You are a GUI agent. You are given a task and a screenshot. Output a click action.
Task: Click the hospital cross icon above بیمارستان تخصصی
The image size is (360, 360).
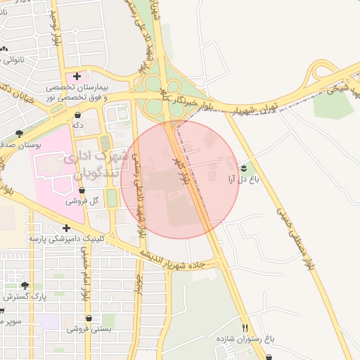point(77,75)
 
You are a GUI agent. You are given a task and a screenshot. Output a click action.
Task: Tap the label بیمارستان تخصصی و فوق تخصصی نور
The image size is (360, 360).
point(77,92)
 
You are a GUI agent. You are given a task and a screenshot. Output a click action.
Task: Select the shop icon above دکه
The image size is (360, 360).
point(77,115)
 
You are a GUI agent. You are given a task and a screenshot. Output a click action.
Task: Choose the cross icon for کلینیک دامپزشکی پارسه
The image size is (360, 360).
point(66,228)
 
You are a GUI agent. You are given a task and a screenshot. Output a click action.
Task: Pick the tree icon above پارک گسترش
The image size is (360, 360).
point(25,285)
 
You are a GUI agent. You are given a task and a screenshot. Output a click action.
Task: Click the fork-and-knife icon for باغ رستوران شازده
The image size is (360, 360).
point(245,328)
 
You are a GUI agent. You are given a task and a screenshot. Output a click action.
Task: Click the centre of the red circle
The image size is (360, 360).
point(180,180)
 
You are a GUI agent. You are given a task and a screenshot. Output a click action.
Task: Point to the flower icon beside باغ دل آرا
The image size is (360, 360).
point(243,167)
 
